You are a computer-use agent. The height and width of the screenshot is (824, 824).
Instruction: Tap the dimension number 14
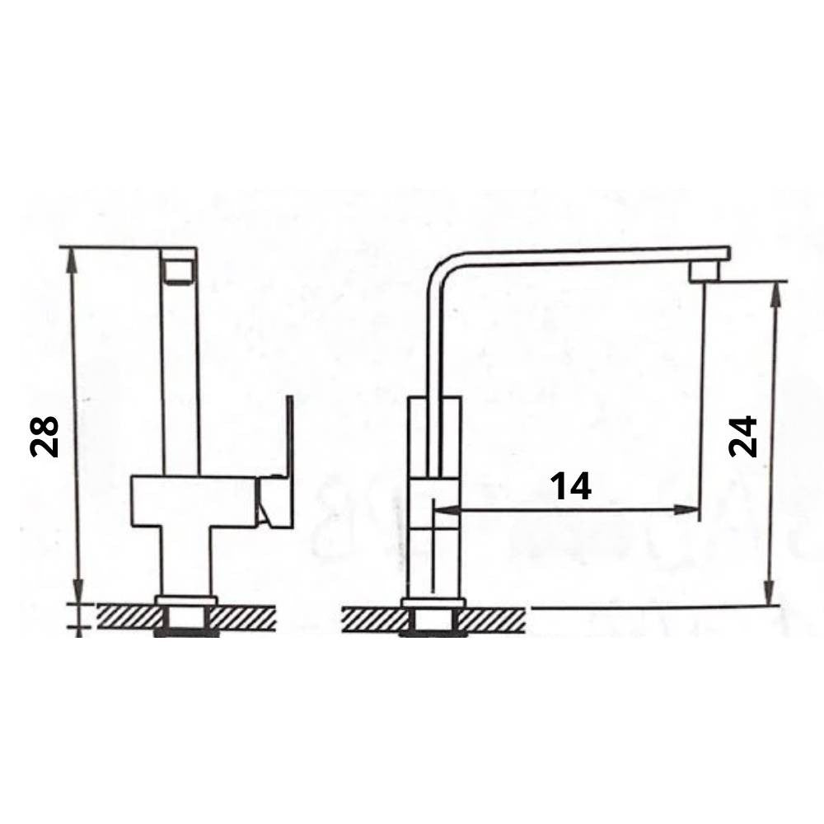[571, 487]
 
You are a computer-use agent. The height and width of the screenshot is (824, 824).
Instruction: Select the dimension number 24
[742, 436]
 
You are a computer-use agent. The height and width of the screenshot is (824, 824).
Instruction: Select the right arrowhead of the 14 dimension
[691, 510]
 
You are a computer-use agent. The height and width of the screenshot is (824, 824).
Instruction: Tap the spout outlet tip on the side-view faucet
[705, 272]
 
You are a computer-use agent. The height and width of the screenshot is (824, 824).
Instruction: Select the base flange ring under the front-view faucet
[186, 600]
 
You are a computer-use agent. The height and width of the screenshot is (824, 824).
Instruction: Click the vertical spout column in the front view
[180, 371]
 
